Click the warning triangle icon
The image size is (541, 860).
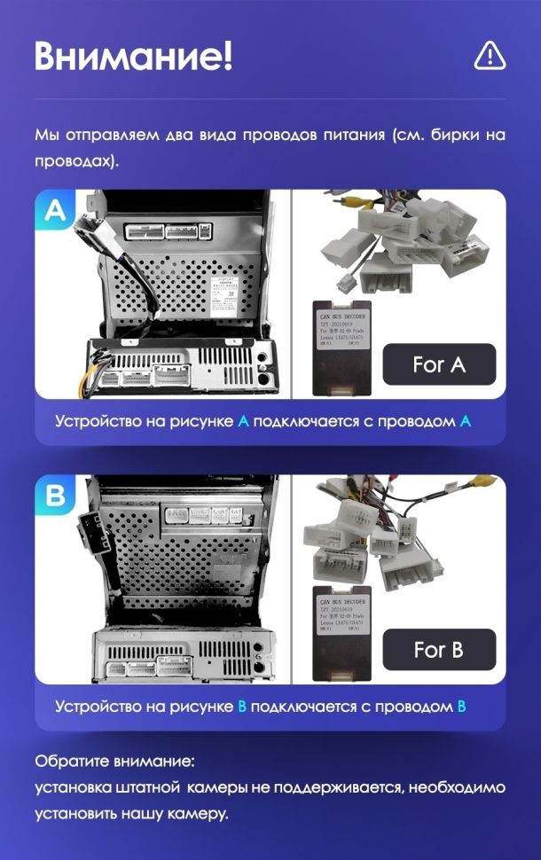pyautogui.click(x=490, y=55)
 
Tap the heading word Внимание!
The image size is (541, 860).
pyautogui.click(x=134, y=55)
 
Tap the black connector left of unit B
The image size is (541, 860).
pyautogui.click(x=89, y=536)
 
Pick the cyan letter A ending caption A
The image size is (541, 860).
pyautogui.click(x=465, y=421)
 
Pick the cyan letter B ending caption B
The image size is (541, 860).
pyautogui.click(x=460, y=707)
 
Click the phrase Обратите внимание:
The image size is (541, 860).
pyautogui.click(x=114, y=762)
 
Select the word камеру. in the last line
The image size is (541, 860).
pyautogui.click(x=197, y=812)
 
